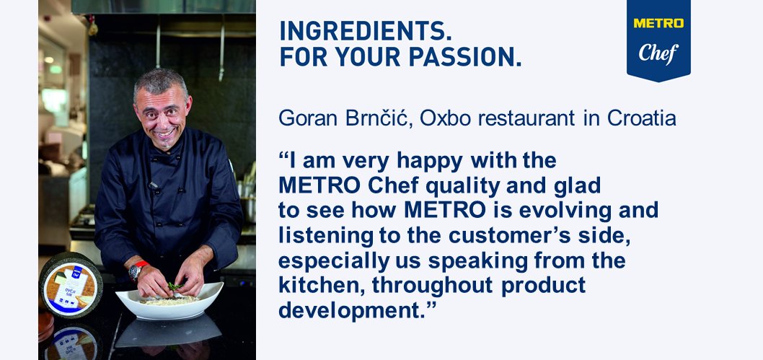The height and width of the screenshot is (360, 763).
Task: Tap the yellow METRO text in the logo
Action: pos(658,24)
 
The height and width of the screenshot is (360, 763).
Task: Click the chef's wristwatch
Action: pos(135,271)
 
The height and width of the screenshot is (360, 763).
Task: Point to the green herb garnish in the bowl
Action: pos(174,286)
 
